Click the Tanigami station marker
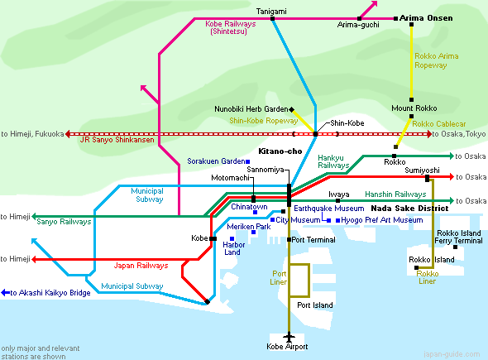pyautogui.click(x=272, y=19)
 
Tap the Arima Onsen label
pyautogui.click(x=426, y=18)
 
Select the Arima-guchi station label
pyautogui.click(x=358, y=25)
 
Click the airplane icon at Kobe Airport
pyautogui.click(x=289, y=337)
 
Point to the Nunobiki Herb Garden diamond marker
pyautogui.click(x=292, y=109)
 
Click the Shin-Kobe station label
pyautogui.click(x=347, y=123)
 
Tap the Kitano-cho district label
pyautogui.click(x=280, y=151)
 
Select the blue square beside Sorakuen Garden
pyautogui.click(x=248, y=161)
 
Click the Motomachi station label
pyautogui.click(x=230, y=178)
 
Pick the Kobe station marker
pyautogui.click(x=213, y=238)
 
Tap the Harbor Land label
pyautogui.click(x=234, y=248)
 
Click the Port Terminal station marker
pyautogui.click(x=289, y=239)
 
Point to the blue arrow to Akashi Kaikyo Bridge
pyautogui.click(x=6, y=293)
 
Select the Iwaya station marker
pyautogui.click(x=338, y=200)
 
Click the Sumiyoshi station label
pyautogui.click(x=422, y=170)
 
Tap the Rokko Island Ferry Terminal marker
pyautogui.click(x=455, y=247)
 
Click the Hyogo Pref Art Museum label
pyautogui.click(x=382, y=220)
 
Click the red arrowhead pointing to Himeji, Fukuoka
pyautogui.click(x=68, y=134)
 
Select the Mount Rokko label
pyautogui.click(x=414, y=108)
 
